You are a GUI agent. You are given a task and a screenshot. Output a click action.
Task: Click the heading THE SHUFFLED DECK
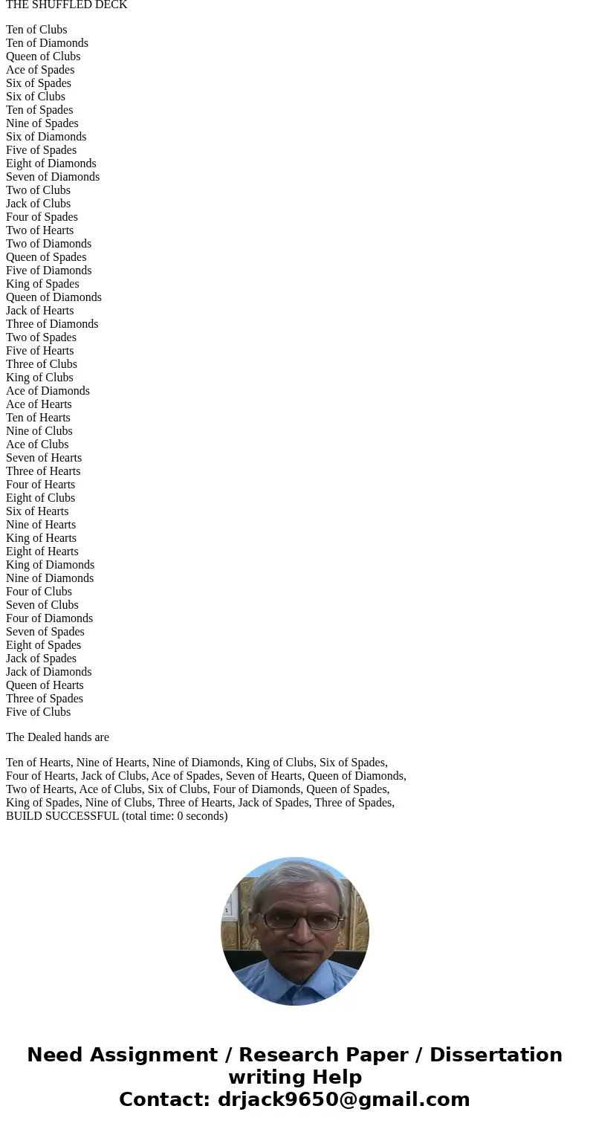pos(66,5)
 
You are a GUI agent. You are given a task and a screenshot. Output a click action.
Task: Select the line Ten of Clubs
pos(36,30)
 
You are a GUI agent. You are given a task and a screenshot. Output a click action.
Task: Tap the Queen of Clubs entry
pos(43,56)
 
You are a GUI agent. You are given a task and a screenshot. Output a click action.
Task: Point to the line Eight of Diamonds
pos(51,164)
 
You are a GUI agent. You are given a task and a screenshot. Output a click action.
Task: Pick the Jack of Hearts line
pos(40,311)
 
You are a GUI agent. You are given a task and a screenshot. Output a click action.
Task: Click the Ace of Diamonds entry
pos(48,391)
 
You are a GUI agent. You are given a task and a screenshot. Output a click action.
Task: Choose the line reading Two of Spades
pos(41,337)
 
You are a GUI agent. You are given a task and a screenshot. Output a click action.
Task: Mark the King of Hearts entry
pos(41,538)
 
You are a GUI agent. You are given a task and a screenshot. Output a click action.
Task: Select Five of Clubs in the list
pos(39,712)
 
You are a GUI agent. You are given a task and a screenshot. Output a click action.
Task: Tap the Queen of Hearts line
pos(45,685)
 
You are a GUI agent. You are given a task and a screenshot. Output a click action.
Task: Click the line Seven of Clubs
pos(42,605)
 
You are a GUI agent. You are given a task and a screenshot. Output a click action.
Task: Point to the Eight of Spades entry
pos(44,645)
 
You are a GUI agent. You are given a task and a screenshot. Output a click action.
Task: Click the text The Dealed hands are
pos(57,737)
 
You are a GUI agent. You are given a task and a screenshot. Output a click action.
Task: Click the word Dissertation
pos(496,1055)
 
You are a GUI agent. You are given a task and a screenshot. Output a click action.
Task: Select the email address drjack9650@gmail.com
pos(343,1100)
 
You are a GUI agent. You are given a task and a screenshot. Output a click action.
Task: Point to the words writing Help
pos(295,1078)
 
